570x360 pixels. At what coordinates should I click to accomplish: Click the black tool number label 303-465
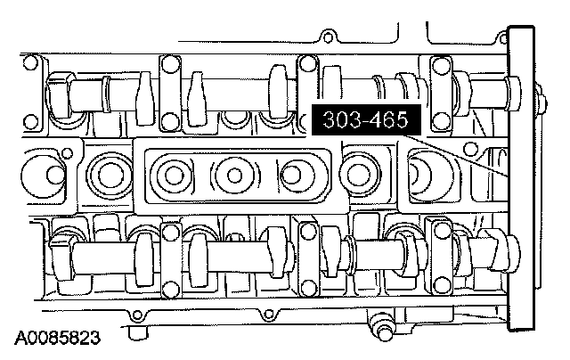366,119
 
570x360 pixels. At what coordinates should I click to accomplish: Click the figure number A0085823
57,338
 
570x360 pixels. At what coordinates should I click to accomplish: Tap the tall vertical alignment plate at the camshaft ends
521,178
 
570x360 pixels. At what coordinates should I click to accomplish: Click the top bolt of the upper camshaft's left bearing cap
170,64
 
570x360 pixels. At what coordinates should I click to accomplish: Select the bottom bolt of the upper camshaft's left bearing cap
170,121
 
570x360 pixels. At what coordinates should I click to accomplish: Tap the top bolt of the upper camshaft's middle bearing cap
308,64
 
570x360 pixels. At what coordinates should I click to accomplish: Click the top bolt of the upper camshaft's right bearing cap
441,65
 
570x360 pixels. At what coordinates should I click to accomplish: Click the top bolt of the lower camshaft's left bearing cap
169,232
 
